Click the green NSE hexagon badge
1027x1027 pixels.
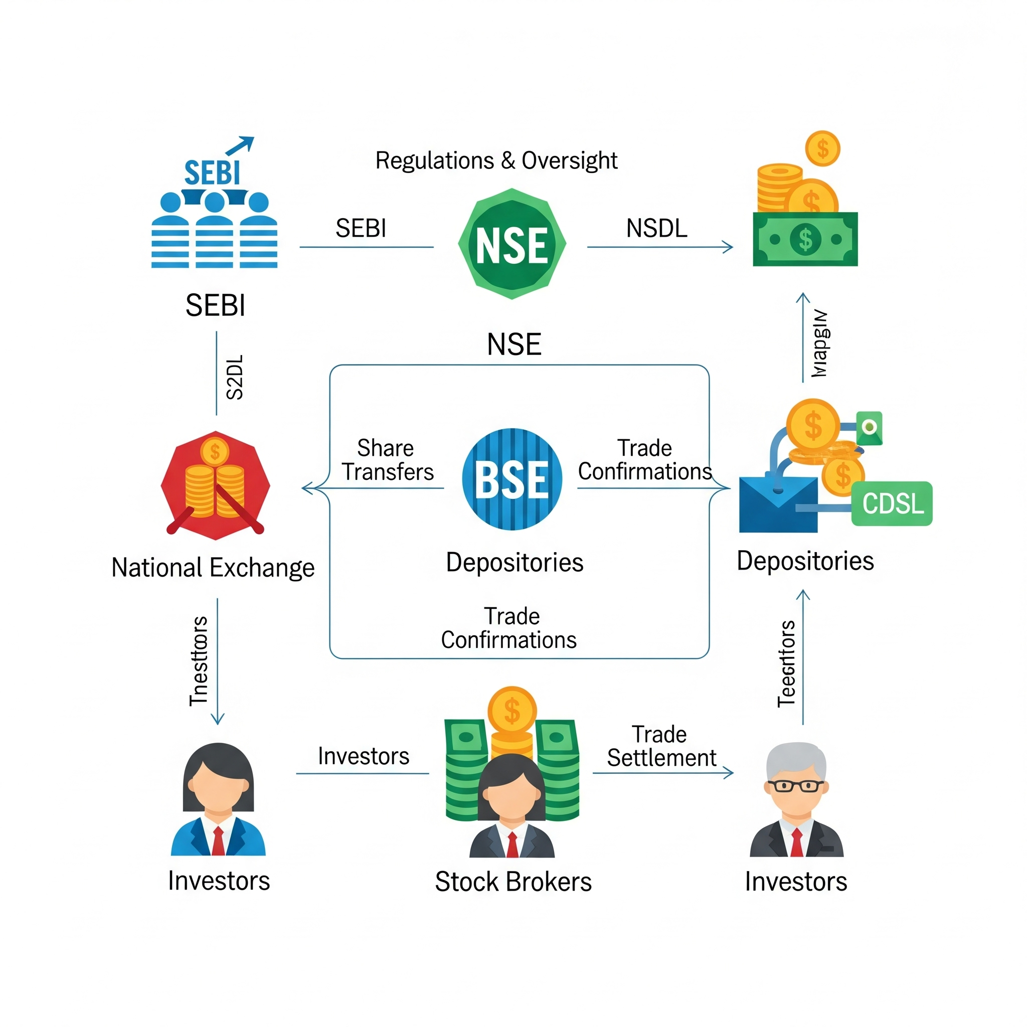click(512, 244)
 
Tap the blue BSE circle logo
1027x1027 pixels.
click(512, 479)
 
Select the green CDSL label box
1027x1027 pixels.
click(892, 503)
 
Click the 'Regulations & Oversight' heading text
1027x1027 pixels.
click(496, 160)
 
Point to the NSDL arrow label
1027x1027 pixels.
click(656, 228)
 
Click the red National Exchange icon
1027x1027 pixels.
click(215, 485)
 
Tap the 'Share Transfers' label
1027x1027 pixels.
click(388, 460)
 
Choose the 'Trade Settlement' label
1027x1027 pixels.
click(661, 746)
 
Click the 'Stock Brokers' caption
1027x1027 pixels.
click(513, 882)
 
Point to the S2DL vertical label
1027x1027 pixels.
click(234, 378)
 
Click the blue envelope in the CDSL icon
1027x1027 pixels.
click(778, 505)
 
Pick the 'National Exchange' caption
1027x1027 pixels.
click(213, 568)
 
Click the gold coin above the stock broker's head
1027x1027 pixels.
click(512, 711)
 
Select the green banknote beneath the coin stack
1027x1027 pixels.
click(805, 239)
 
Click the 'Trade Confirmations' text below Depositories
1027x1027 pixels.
click(508, 628)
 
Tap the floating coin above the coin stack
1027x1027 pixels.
click(822, 148)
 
